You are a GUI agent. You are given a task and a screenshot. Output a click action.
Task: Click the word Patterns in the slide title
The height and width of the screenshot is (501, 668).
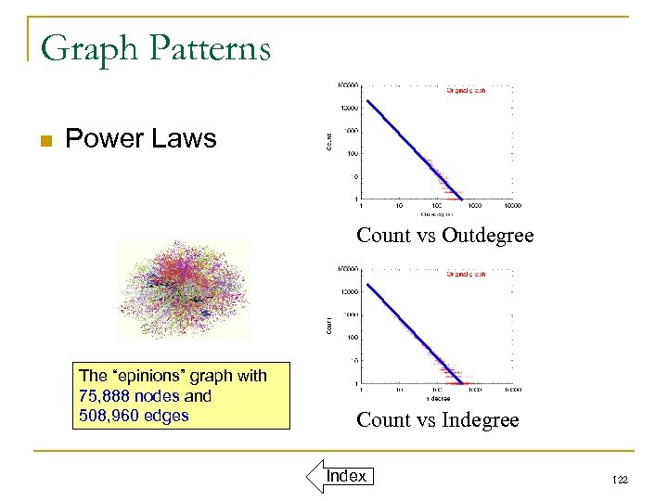(x=207, y=47)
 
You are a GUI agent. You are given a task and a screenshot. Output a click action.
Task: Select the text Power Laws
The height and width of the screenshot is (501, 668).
(x=140, y=139)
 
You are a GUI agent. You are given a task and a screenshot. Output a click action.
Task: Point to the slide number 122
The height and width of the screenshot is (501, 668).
(x=621, y=479)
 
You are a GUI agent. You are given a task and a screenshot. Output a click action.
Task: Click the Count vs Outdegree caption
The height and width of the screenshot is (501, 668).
(x=445, y=236)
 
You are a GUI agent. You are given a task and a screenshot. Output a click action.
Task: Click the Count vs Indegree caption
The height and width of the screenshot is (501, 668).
(x=437, y=420)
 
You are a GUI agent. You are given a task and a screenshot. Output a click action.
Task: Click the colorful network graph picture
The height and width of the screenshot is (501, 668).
(x=183, y=289)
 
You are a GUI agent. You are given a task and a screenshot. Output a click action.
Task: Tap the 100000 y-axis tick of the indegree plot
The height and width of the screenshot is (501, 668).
(x=348, y=269)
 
